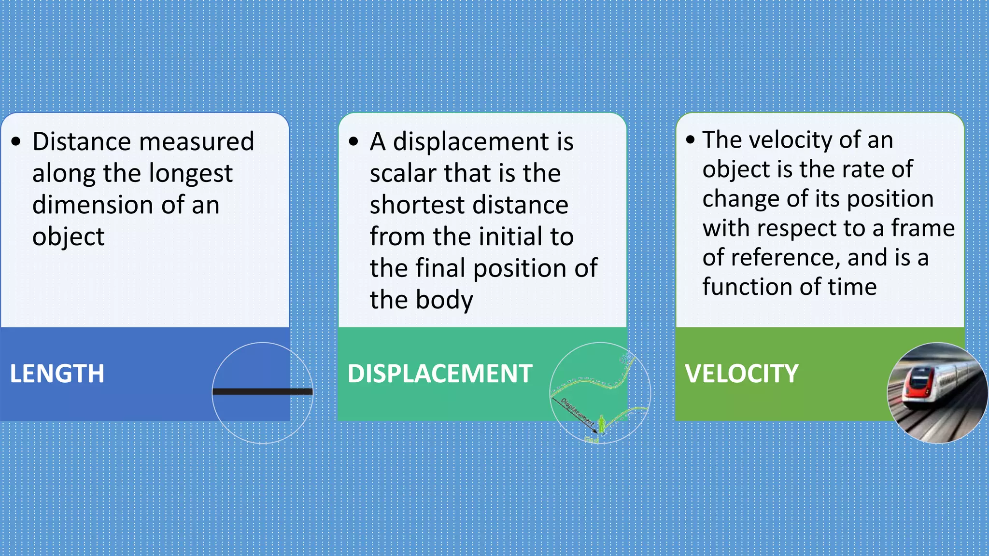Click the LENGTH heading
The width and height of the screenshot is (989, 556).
(57, 374)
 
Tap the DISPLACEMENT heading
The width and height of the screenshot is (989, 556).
(439, 374)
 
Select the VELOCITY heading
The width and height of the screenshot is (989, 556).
(741, 374)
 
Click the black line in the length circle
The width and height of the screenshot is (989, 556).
(263, 391)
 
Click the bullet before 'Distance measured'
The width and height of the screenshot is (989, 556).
(16, 142)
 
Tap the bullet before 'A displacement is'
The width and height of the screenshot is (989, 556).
(353, 142)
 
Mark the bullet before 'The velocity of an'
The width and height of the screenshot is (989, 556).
(690, 140)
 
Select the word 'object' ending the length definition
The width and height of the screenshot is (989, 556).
(68, 237)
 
